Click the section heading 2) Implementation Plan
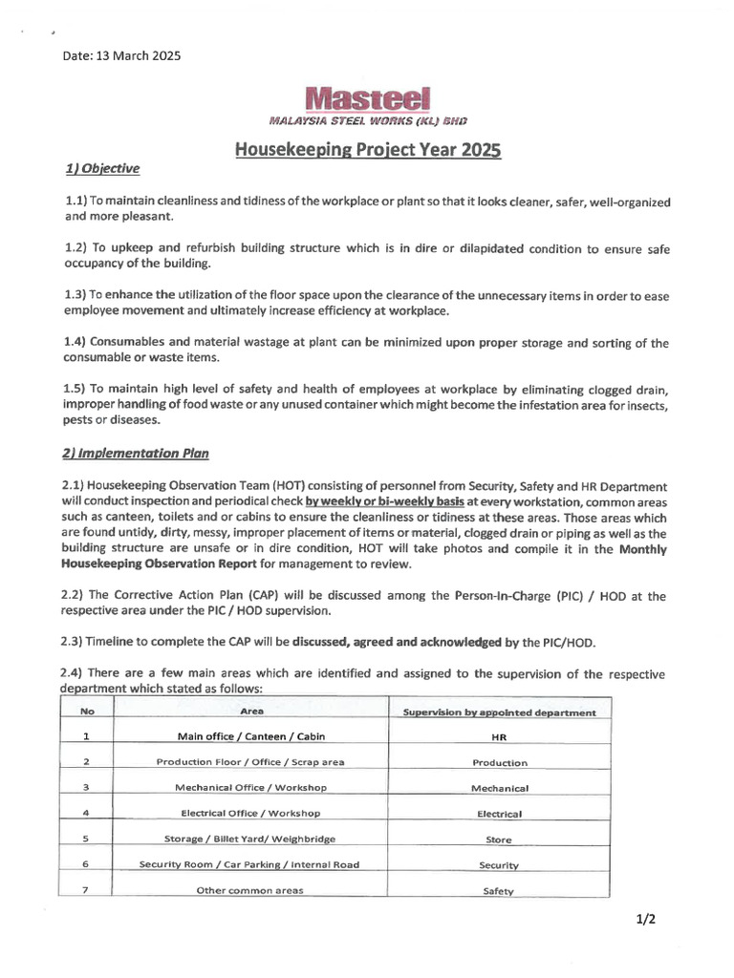(x=135, y=454)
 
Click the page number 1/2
(x=645, y=921)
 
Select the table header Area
(x=252, y=712)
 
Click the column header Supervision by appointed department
(x=500, y=712)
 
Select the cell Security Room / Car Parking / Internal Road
(x=250, y=865)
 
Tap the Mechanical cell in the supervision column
(x=500, y=789)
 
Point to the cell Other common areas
(x=250, y=890)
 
